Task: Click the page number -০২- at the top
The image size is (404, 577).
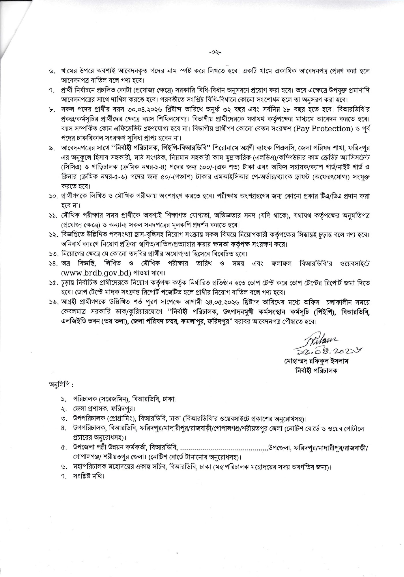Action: [x=215, y=53]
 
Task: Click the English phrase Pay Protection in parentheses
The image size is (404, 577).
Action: [x=324, y=129]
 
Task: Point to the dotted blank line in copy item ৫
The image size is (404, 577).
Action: [x=224, y=448]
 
